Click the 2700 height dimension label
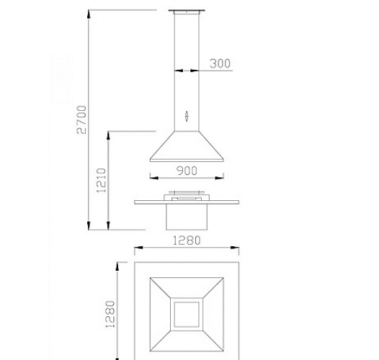click(x=81, y=120)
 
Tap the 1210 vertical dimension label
click(x=101, y=181)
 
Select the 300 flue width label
click(x=220, y=63)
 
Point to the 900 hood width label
click(x=187, y=171)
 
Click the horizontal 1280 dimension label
click(x=187, y=240)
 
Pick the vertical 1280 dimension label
click(x=110, y=314)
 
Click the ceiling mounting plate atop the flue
click(x=187, y=11)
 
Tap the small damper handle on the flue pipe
click(x=187, y=116)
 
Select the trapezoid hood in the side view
click(x=187, y=146)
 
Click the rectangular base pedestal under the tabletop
click(x=187, y=217)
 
